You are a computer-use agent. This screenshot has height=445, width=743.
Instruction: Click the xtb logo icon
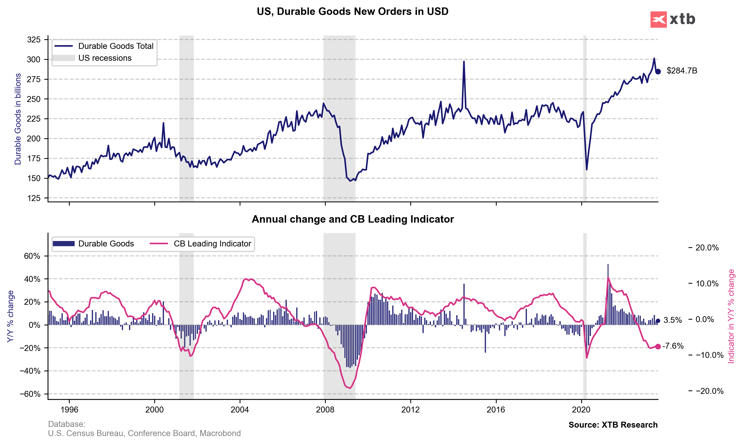click(x=658, y=20)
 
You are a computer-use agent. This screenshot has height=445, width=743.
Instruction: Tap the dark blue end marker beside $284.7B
click(x=658, y=71)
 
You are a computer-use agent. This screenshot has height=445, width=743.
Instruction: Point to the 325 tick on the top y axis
click(x=33, y=39)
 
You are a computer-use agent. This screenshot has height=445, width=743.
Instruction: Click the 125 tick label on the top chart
click(x=33, y=198)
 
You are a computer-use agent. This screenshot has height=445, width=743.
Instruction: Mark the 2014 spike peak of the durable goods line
click(x=464, y=62)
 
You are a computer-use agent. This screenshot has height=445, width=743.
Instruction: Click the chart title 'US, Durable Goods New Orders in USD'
click(x=353, y=11)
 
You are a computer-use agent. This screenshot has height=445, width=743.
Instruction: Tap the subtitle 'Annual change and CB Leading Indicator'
click(x=353, y=219)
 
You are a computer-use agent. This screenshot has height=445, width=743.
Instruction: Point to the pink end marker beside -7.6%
click(x=658, y=347)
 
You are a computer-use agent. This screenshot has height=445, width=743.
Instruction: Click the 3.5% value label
click(x=673, y=320)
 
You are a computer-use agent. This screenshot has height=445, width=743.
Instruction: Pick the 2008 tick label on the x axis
click(x=325, y=410)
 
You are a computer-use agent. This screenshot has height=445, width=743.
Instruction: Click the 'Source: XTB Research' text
click(x=613, y=425)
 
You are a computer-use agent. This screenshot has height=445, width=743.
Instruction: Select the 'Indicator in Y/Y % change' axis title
click(x=731, y=316)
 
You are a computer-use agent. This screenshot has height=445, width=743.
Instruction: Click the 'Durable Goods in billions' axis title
click(x=18, y=119)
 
